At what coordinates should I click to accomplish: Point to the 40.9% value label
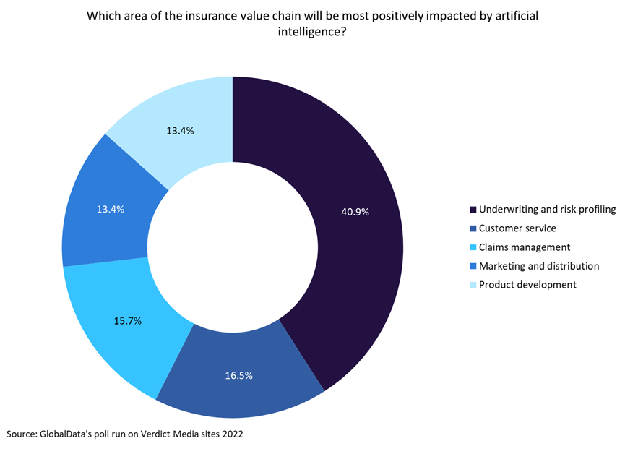click(x=355, y=212)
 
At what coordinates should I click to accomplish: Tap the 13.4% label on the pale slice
click(x=180, y=131)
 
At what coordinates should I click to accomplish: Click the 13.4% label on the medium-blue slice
click(x=111, y=209)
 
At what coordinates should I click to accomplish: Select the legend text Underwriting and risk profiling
click(x=547, y=210)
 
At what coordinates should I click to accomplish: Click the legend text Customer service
click(x=517, y=228)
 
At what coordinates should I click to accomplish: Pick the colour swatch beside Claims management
click(x=473, y=247)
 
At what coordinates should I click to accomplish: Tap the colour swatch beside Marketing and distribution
click(x=473, y=266)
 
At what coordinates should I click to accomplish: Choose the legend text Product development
click(x=527, y=285)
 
